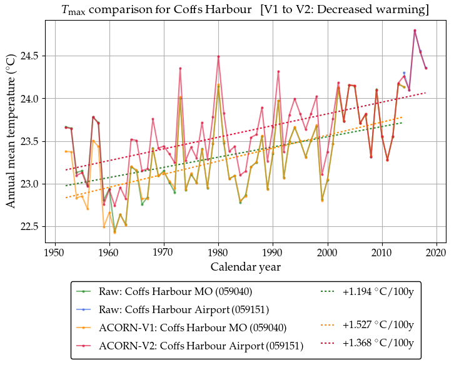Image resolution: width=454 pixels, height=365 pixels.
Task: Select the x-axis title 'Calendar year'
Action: point(245,267)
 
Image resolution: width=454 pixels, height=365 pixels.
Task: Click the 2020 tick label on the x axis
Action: point(436,252)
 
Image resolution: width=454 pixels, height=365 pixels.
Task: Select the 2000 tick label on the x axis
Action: point(327,252)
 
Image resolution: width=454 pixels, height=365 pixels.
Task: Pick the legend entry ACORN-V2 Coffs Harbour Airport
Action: point(201,345)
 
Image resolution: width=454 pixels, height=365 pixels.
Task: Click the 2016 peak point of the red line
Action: point(415,30)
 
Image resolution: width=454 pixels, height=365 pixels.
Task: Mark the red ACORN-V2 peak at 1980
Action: point(218,57)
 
